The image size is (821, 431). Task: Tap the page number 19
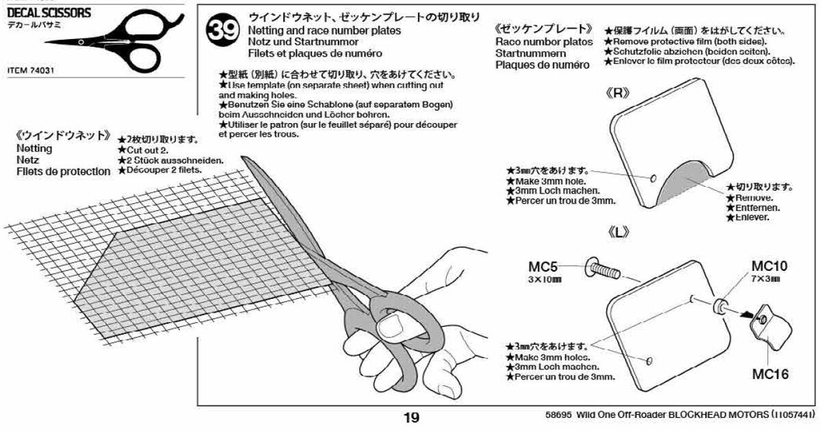[411, 418]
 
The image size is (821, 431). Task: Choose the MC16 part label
[770, 374]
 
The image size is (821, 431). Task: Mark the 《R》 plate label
[618, 94]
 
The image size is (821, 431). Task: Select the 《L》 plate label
[618, 233]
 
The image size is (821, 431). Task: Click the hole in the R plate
[654, 178]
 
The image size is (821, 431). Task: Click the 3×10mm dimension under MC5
[545, 279]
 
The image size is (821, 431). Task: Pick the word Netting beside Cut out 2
[35, 148]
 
